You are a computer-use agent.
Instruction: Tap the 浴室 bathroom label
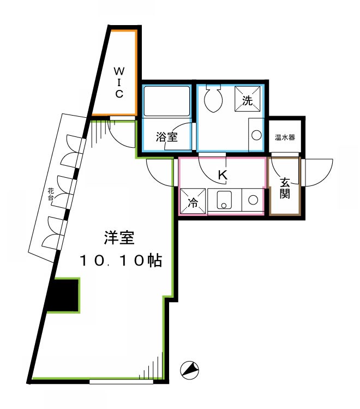[166, 137]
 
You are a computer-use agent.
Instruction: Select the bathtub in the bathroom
[166, 100]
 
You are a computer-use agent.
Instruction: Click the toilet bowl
[212, 100]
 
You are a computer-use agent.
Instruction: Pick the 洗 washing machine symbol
[247, 100]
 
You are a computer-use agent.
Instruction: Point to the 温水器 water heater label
[285, 137]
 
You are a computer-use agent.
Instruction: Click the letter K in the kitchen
[222, 175]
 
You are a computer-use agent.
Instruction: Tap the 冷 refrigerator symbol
[193, 201]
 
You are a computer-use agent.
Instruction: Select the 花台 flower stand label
[51, 195]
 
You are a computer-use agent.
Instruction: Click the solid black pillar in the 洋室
[63, 295]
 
